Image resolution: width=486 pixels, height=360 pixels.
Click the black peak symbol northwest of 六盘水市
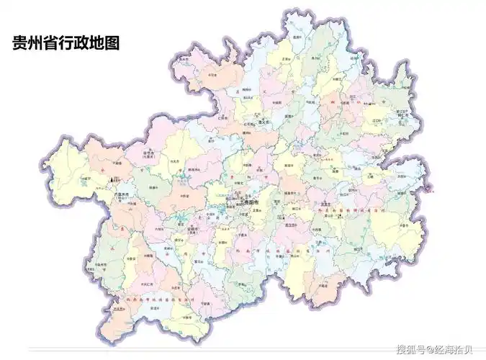tap(111, 178)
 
